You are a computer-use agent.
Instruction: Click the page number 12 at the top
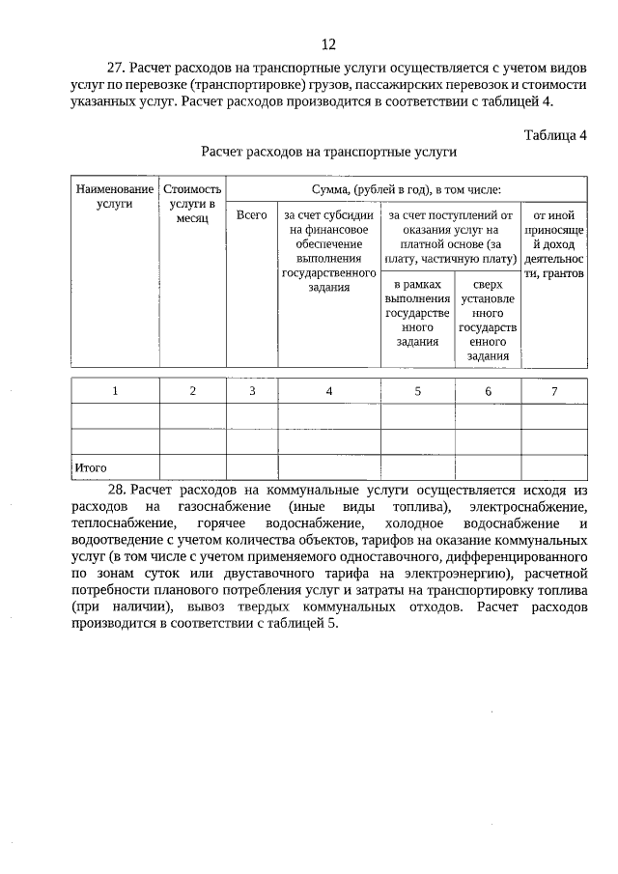pyautogui.click(x=328, y=44)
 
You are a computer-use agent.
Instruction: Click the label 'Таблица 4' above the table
pyautogui.click(x=555, y=134)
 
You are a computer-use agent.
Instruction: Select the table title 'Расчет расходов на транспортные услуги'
pyautogui.click(x=328, y=152)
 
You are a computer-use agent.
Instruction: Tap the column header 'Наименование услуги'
pyautogui.click(x=115, y=197)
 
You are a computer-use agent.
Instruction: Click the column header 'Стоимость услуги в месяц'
pyautogui.click(x=192, y=205)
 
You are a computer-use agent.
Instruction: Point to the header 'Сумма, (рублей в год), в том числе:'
pyautogui.click(x=406, y=189)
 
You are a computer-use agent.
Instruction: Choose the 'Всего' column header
pyautogui.click(x=251, y=214)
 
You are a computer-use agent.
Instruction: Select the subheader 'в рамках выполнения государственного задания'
pyautogui.click(x=417, y=313)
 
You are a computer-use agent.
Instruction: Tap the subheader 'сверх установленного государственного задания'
pyautogui.click(x=488, y=321)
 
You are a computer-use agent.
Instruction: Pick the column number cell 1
pyautogui.click(x=115, y=390)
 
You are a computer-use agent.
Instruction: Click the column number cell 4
pyautogui.click(x=329, y=390)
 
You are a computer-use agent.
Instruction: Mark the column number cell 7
pyautogui.click(x=553, y=390)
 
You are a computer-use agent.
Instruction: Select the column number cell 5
pyautogui.click(x=417, y=390)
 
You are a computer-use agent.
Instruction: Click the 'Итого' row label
pyautogui.click(x=90, y=467)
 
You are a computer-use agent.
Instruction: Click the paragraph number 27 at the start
pyautogui.click(x=116, y=69)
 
